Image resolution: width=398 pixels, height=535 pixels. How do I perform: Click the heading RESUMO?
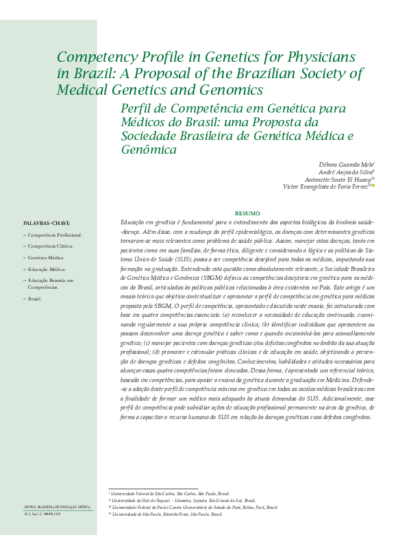coord(247,213)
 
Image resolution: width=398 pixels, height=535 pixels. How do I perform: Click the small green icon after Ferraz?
coord(373,185)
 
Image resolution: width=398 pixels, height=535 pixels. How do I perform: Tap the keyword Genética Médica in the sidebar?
coord(46,257)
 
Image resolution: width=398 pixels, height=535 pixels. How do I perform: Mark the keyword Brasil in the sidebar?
coord(35,299)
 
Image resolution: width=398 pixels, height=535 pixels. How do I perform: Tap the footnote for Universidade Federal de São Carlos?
coord(171,493)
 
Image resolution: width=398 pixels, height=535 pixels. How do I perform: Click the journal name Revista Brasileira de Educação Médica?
coord(58,506)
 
